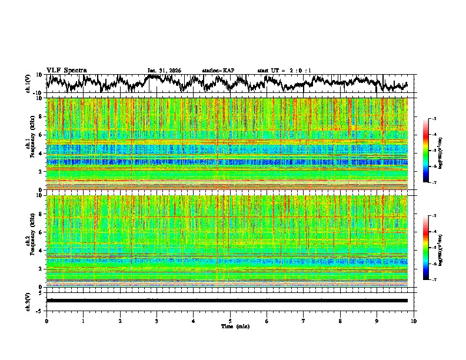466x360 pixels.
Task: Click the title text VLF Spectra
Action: pos(66,71)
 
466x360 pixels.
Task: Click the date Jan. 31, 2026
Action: pos(164,71)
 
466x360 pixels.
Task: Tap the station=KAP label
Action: pos(218,71)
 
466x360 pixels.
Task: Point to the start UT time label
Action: pos(284,71)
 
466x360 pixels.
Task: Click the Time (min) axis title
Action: pos(234,326)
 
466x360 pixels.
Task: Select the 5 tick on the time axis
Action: pos(230,321)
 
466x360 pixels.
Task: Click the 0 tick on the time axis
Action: pos(46,321)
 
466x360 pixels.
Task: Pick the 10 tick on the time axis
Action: pos(414,321)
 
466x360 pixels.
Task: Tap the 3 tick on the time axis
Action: pos(157,321)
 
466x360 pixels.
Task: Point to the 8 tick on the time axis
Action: pos(340,321)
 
